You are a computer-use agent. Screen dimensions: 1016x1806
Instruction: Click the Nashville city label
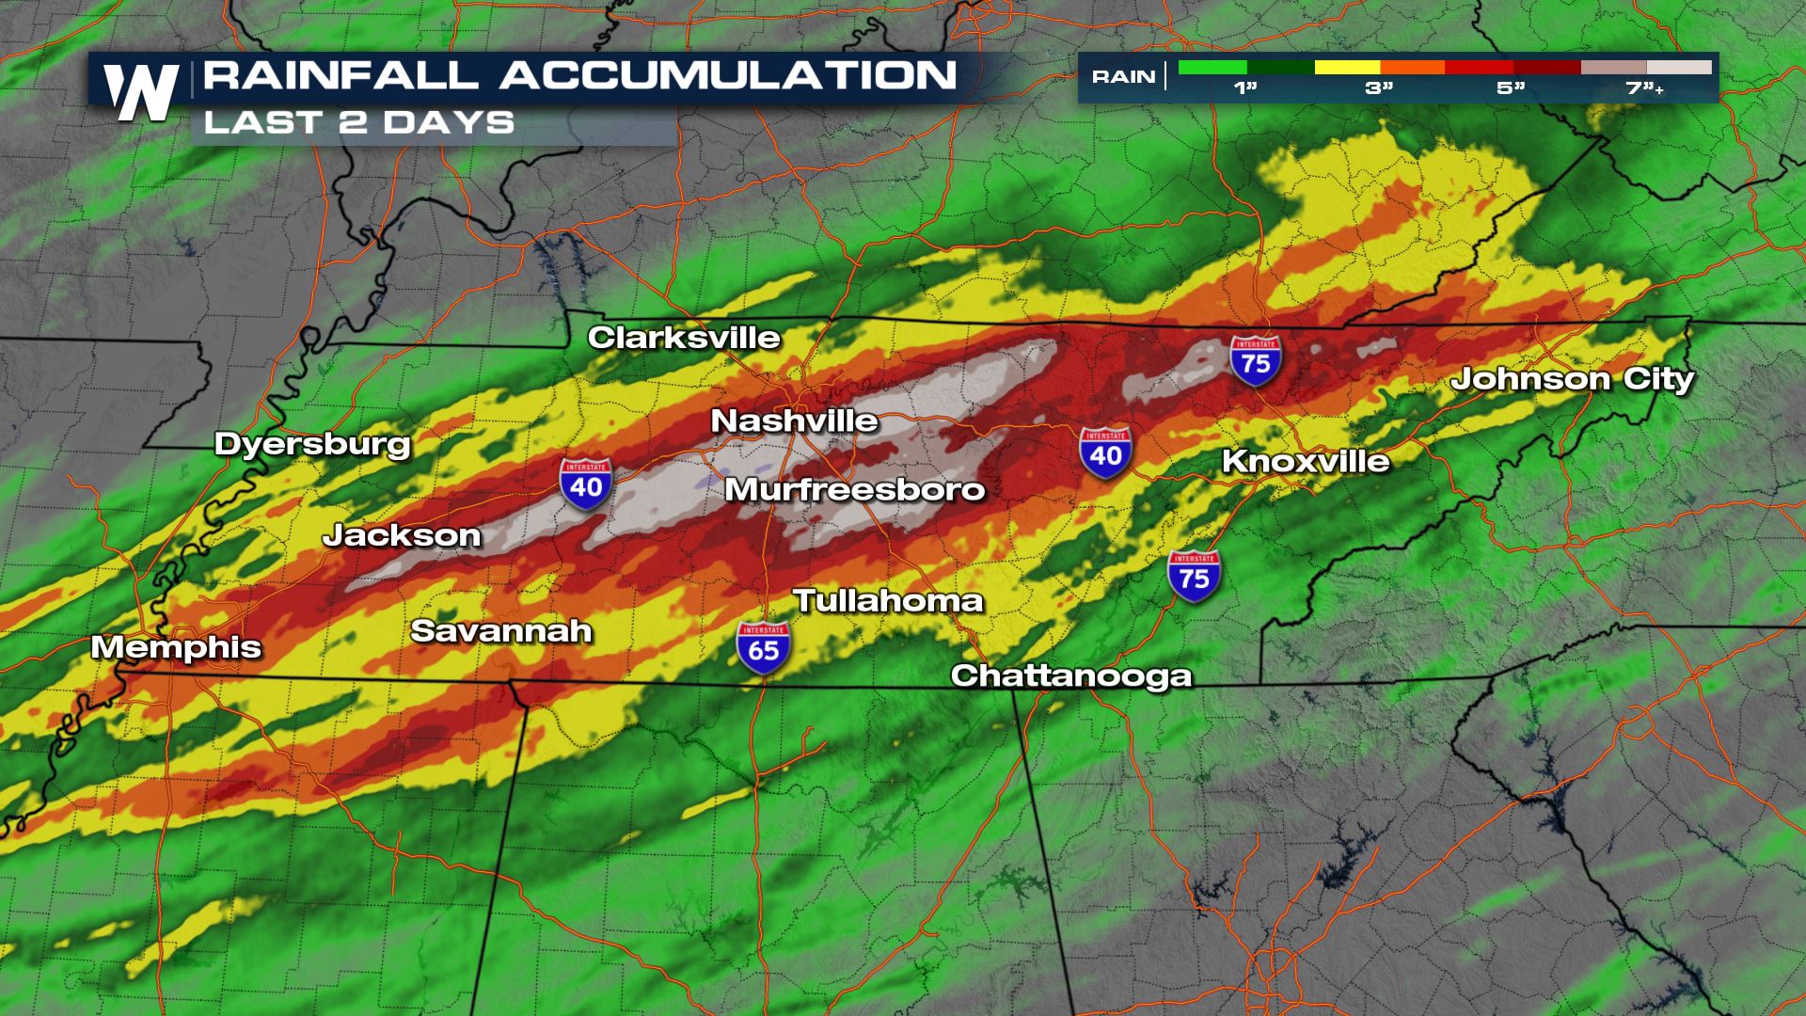click(x=794, y=421)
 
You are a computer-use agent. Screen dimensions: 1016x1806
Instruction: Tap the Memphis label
click(x=176, y=647)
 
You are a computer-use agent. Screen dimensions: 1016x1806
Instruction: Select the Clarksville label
click(x=684, y=338)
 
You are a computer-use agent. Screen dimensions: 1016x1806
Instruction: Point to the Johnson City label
click(x=1572, y=379)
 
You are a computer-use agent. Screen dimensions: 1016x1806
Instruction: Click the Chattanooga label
click(x=1071, y=675)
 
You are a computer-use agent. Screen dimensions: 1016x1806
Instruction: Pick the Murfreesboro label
click(x=854, y=489)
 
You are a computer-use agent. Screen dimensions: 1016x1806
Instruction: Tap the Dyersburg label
click(x=312, y=444)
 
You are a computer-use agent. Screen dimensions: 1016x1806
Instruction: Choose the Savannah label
click(x=501, y=630)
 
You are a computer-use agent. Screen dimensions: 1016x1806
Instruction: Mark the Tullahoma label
click(x=888, y=600)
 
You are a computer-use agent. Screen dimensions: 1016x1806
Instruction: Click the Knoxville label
click(x=1306, y=461)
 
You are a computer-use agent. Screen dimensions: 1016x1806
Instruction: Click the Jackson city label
click(x=402, y=535)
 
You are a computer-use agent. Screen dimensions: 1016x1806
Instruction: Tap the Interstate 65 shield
click(x=763, y=647)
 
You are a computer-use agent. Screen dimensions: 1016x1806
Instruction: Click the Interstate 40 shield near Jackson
click(x=586, y=484)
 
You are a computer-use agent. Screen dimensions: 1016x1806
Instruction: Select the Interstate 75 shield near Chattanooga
click(x=1194, y=576)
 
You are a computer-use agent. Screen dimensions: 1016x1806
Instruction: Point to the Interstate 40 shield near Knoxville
click(x=1105, y=452)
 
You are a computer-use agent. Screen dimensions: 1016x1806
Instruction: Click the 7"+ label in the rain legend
click(x=1644, y=88)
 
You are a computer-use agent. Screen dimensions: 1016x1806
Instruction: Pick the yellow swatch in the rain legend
click(x=1347, y=68)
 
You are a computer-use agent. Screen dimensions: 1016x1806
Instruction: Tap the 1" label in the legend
click(x=1245, y=88)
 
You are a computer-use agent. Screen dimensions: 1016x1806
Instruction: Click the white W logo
click(x=141, y=92)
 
